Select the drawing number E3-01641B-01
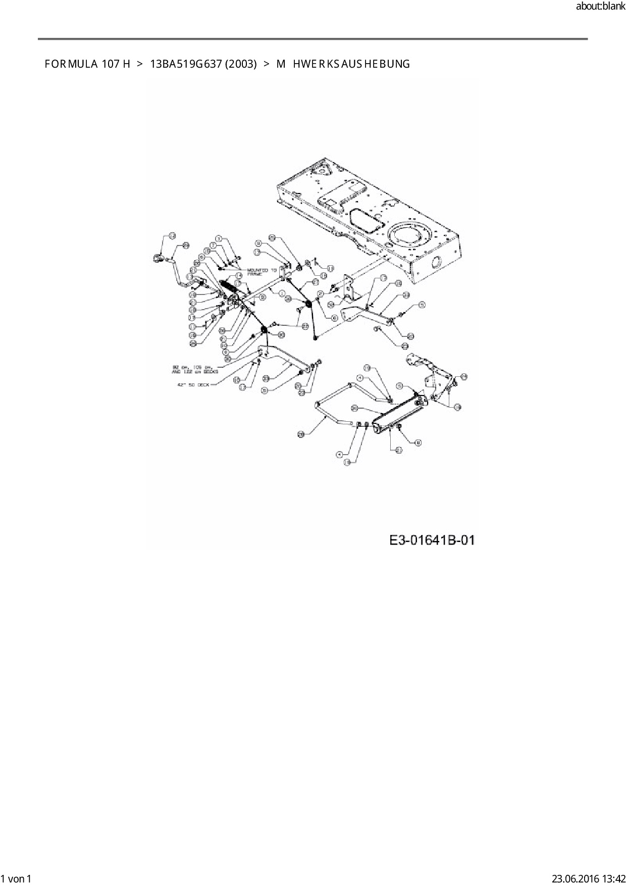(432, 540)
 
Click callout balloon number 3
(219, 238)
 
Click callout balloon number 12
(172, 236)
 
